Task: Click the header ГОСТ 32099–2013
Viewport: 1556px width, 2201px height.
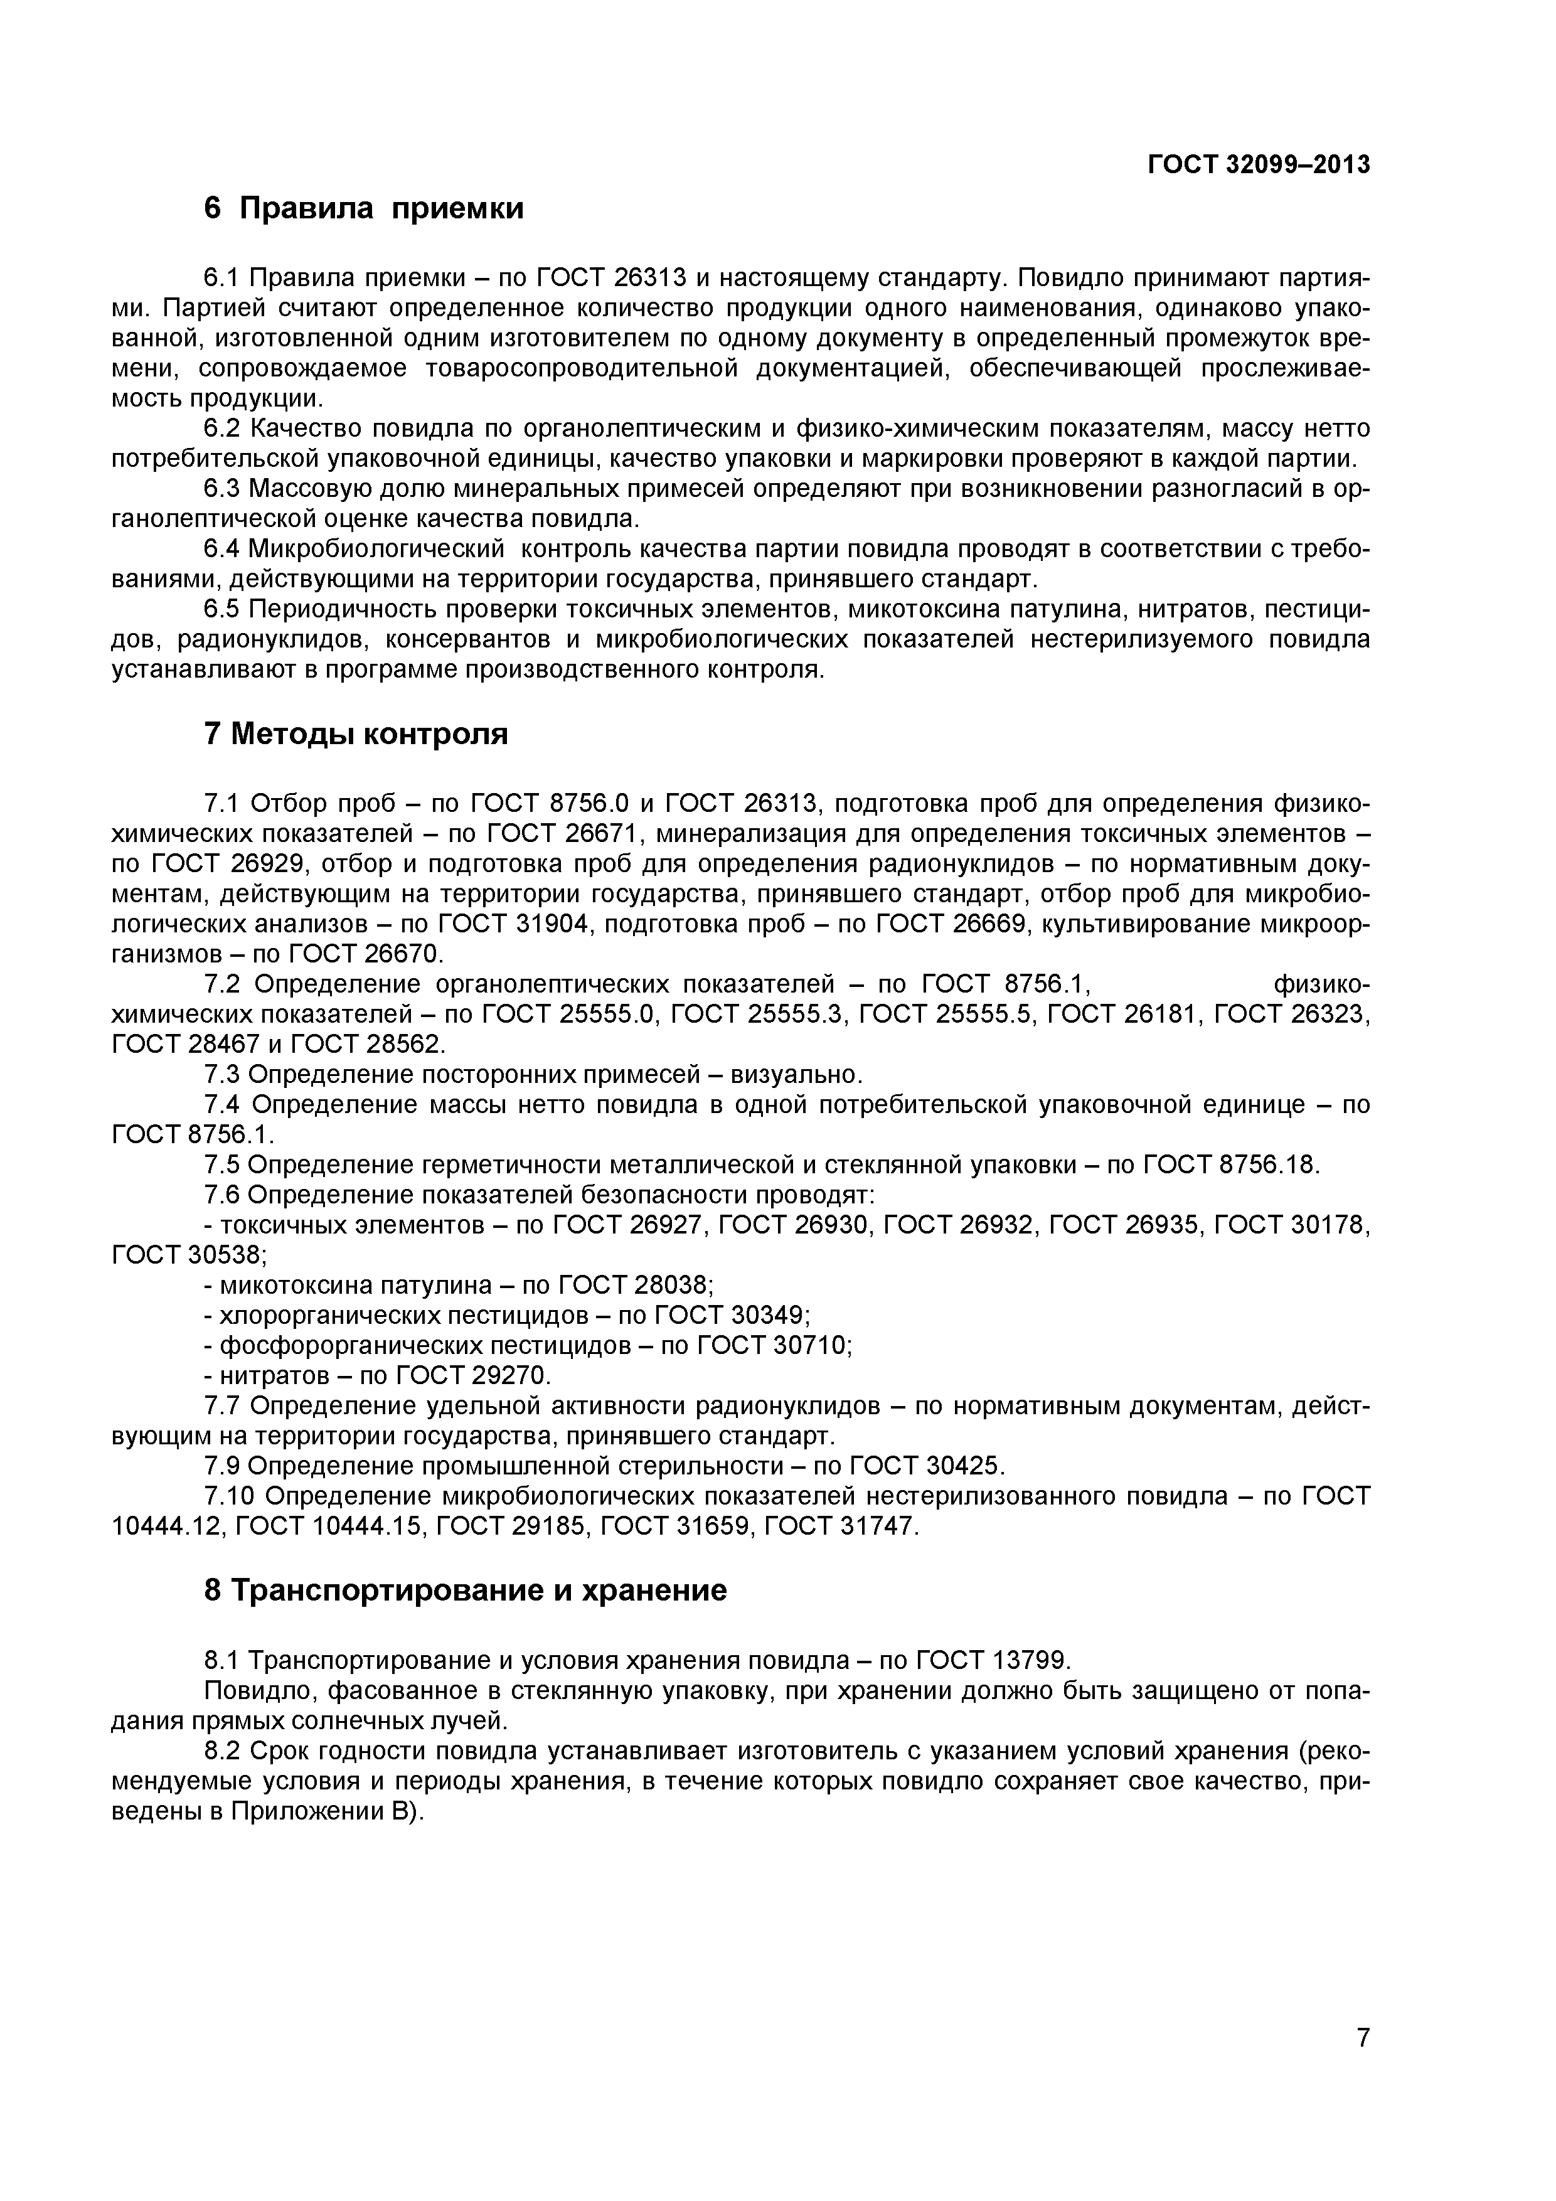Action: click(x=1259, y=165)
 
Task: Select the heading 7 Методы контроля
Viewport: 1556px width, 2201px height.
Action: click(x=356, y=733)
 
